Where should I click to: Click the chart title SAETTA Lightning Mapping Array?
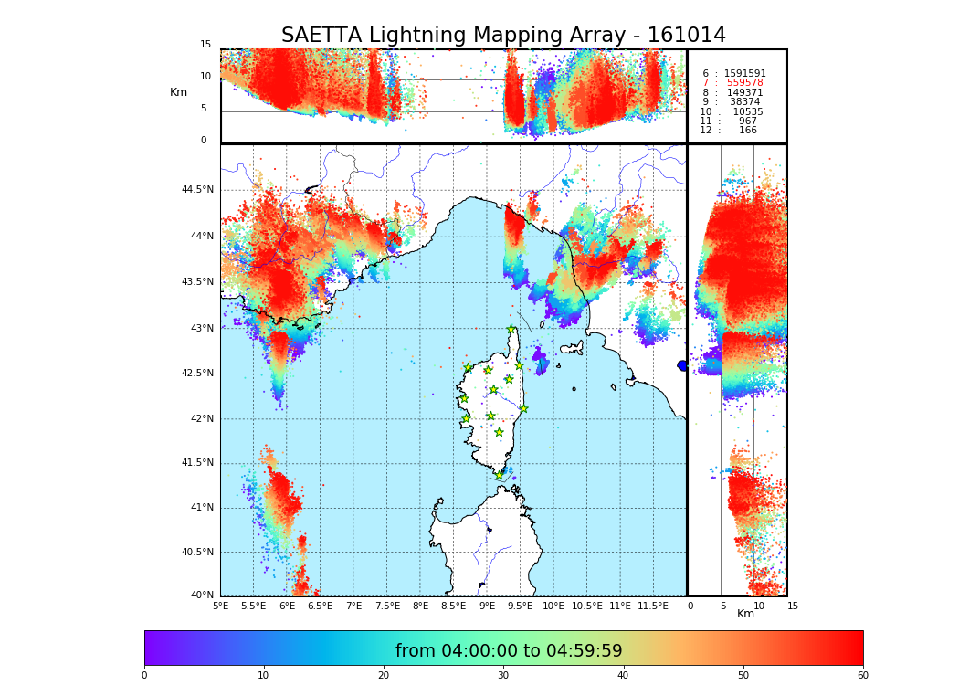(503, 36)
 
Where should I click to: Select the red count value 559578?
(744, 83)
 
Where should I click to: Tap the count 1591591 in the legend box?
(744, 74)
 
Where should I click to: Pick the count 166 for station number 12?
(747, 131)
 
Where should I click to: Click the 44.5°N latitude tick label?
(197, 190)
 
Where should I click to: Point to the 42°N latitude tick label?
(200, 419)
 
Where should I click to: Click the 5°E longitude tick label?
(221, 606)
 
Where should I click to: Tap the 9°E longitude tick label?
(487, 606)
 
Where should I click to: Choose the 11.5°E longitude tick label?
(653, 606)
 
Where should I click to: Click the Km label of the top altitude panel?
(178, 92)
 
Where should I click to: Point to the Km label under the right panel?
(746, 614)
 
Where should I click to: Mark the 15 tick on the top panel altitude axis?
(205, 45)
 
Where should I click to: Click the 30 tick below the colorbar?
(503, 675)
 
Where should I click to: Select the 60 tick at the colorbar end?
(862, 675)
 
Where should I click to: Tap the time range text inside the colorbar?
(509, 651)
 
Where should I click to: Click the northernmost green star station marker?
(511, 330)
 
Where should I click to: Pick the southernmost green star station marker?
(499, 475)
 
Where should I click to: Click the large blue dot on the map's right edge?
(682, 365)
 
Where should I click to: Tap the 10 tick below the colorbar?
(263, 675)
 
